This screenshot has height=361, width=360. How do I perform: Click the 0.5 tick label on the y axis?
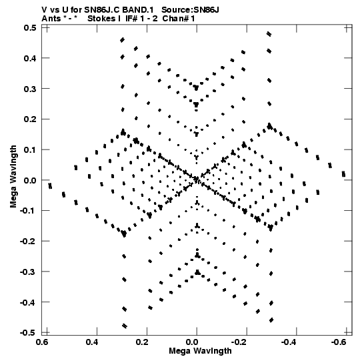[30, 28]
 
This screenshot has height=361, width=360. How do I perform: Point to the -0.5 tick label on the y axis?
[28, 333]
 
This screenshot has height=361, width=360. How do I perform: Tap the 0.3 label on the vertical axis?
[30, 89]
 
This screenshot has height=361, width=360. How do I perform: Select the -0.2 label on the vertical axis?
[28, 242]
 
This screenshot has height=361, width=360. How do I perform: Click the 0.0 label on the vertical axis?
[30, 180]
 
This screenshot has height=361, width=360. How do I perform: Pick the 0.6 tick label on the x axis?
[42, 342]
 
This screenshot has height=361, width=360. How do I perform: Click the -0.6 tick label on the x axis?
[339, 342]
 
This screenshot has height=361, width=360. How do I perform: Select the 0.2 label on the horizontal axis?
[142, 342]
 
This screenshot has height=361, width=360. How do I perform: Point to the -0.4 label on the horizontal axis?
[289, 342]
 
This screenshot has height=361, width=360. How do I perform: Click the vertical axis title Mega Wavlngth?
[13, 176]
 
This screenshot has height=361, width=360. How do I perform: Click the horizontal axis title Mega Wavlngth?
[200, 351]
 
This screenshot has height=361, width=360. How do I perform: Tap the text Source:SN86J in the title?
[190, 10]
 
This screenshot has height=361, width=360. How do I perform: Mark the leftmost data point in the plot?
[50, 186]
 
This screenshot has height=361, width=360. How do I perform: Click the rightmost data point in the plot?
[343, 173]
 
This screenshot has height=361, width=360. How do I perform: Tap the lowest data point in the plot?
[125, 326]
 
